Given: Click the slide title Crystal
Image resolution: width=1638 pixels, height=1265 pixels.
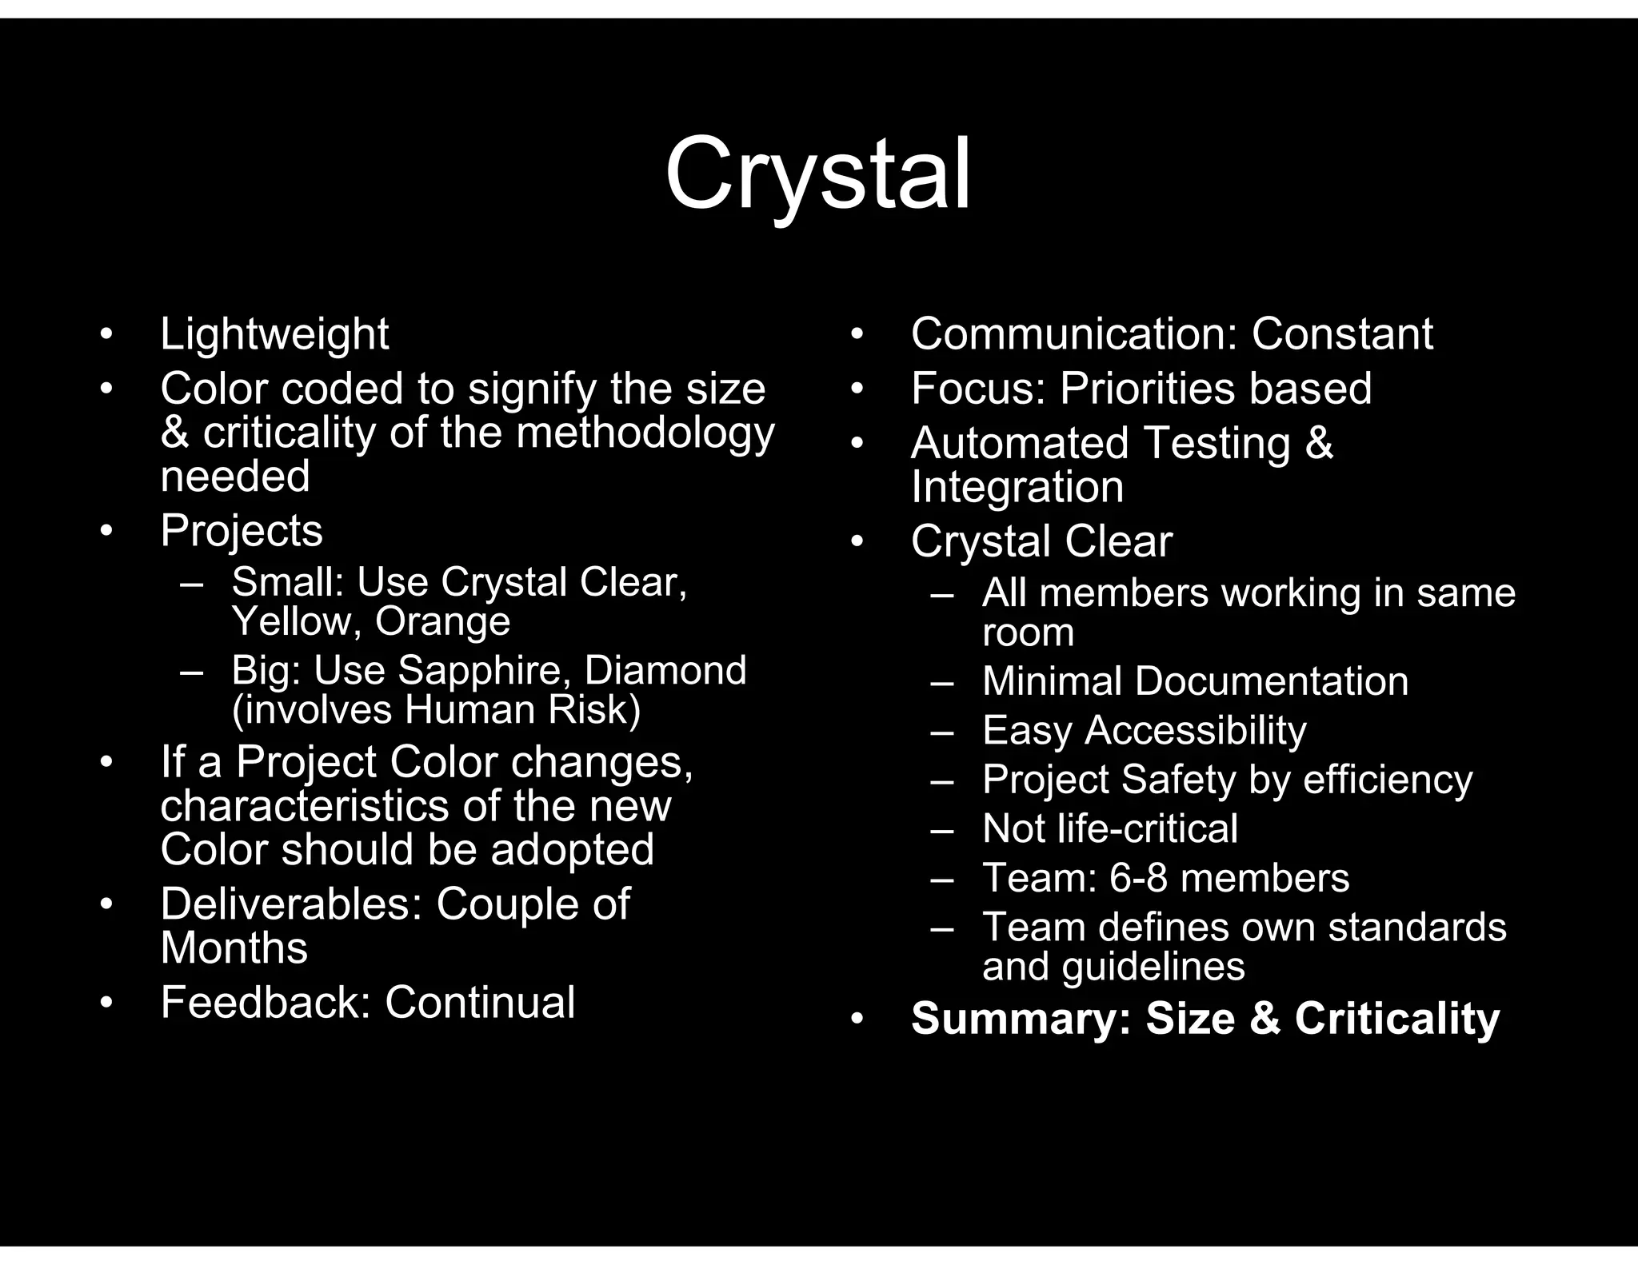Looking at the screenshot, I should click(x=817, y=174).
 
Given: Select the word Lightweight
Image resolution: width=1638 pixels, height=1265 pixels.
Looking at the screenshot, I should click(x=274, y=333).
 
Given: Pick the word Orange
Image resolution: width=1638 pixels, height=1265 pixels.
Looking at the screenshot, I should click(x=442, y=621).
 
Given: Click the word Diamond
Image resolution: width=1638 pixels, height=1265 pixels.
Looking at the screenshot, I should click(x=665, y=670).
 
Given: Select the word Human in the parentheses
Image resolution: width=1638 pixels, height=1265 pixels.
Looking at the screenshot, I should click(x=471, y=709).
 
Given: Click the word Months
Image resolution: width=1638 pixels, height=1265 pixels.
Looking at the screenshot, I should click(x=234, y=948).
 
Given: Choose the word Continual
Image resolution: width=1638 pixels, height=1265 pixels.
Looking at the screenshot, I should click(x=480, y=1003).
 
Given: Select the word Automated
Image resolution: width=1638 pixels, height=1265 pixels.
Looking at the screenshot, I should click(x=1020, y=443).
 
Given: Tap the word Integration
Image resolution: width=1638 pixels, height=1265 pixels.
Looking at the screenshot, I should click(x=1017, y=487).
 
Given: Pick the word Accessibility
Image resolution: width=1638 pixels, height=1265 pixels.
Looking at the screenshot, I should click(x=1195, y=730).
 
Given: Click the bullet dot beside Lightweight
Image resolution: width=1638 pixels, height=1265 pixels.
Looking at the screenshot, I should click(x=106, y=333).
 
